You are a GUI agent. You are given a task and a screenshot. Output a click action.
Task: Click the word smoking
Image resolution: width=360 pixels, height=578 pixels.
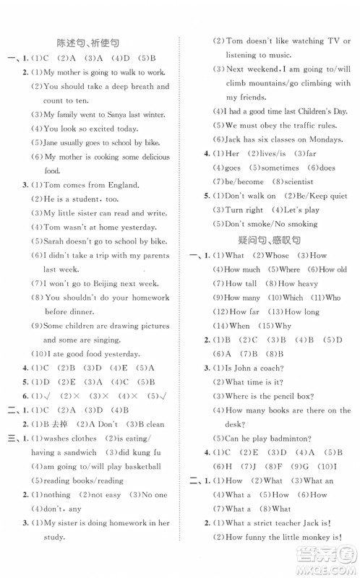(301, 224)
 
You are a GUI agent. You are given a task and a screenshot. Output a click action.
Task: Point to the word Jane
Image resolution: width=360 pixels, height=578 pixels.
(55, 143)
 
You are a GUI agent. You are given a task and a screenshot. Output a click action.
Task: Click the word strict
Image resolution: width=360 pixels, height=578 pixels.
(272, 522)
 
